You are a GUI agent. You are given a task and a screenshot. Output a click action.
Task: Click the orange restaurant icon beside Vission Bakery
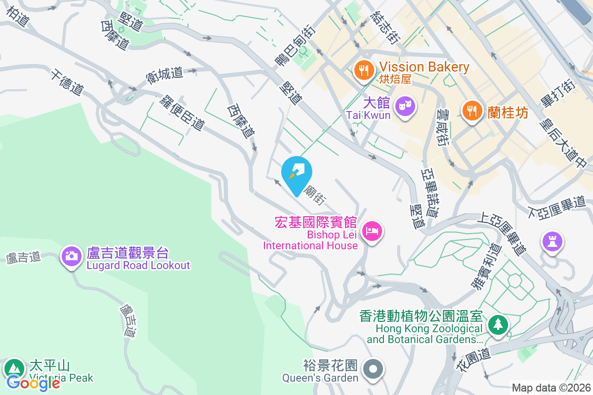click(x=364, y=71)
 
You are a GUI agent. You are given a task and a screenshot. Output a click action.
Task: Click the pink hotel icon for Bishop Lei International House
click(x=372, y=231)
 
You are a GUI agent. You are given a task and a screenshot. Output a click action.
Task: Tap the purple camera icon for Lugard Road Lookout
click(x=72, y=256)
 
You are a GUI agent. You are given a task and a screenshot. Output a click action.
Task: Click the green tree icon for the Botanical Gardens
click(x=498, y=325)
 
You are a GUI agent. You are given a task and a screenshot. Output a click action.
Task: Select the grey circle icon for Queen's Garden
click(x=373, y=369)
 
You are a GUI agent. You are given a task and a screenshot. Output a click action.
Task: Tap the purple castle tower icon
click(x=552, y=241)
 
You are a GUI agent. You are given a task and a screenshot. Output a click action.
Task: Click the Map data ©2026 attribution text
click(x=551, y=388)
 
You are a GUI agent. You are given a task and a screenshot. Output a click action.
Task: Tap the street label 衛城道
click(x=165, y=75)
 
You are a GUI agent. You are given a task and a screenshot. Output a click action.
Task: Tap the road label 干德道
click(x=66, y=82)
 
